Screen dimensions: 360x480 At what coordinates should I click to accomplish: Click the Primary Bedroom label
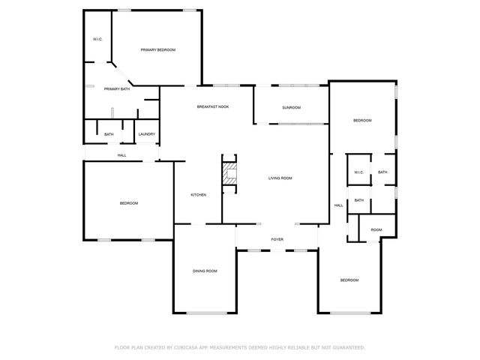[157, 49]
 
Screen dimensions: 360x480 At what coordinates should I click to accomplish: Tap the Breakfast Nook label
[213, 107]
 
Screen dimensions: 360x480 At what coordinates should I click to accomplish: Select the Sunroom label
[291, 108]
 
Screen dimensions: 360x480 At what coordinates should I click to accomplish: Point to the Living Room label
[280, 178]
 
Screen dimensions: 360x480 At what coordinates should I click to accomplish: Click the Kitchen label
[198, 195]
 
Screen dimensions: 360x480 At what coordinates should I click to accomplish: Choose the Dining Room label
[205, 271]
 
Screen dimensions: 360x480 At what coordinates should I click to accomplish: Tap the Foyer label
[277, 240]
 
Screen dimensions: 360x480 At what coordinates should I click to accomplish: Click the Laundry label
[146, 134]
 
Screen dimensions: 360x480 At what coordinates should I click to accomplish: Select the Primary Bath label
[116, 89]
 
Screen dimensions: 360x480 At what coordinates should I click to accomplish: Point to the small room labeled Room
[376, 229]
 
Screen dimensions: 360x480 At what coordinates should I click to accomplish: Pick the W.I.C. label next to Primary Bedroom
[97, 39]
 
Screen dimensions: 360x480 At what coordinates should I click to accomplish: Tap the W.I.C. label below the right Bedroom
[358, 172]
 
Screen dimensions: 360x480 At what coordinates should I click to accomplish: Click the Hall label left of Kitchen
[121, 155]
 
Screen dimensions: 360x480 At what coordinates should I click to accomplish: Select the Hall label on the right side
[338, 205]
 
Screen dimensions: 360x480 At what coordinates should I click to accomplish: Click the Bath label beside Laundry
[109, 134]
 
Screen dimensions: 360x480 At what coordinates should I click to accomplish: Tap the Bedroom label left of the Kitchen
[129, 203]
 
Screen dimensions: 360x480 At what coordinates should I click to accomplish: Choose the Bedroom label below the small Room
[349, 280]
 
